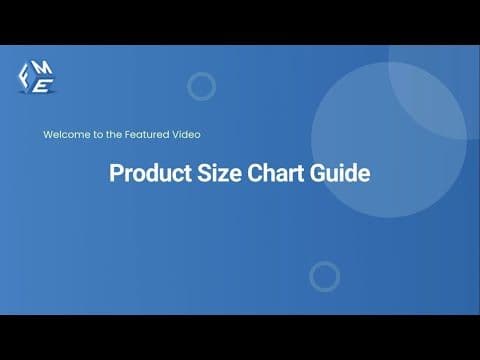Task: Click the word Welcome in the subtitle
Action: point(63,133)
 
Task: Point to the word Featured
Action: point(142,133)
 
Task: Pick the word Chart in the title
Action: point(269,174)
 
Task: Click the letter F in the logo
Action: point(27,73)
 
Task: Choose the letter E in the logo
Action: point(39,86)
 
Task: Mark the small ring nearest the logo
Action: point(201,86)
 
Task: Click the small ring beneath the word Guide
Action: point(324,276)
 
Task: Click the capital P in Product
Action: point(115,174)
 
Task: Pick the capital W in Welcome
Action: point(47,133)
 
